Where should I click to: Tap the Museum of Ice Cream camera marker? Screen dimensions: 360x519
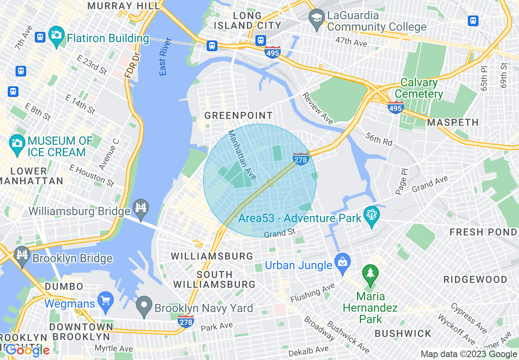[17, 144]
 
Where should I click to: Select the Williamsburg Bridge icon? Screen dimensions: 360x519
[141, 208]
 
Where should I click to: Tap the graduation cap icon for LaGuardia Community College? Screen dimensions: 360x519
[317, 18]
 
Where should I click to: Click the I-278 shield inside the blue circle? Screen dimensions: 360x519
[300, 159]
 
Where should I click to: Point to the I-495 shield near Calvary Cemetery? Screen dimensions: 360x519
[396, 108]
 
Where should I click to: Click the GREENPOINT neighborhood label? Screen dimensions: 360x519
[238, 116]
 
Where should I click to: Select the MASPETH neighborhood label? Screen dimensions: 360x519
[453, 122]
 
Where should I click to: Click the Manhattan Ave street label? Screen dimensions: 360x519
[242, 155]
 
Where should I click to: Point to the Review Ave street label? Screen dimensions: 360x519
[318, 108]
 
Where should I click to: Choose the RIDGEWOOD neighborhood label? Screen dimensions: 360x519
[475, 280]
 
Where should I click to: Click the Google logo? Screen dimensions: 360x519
[27, 350]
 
